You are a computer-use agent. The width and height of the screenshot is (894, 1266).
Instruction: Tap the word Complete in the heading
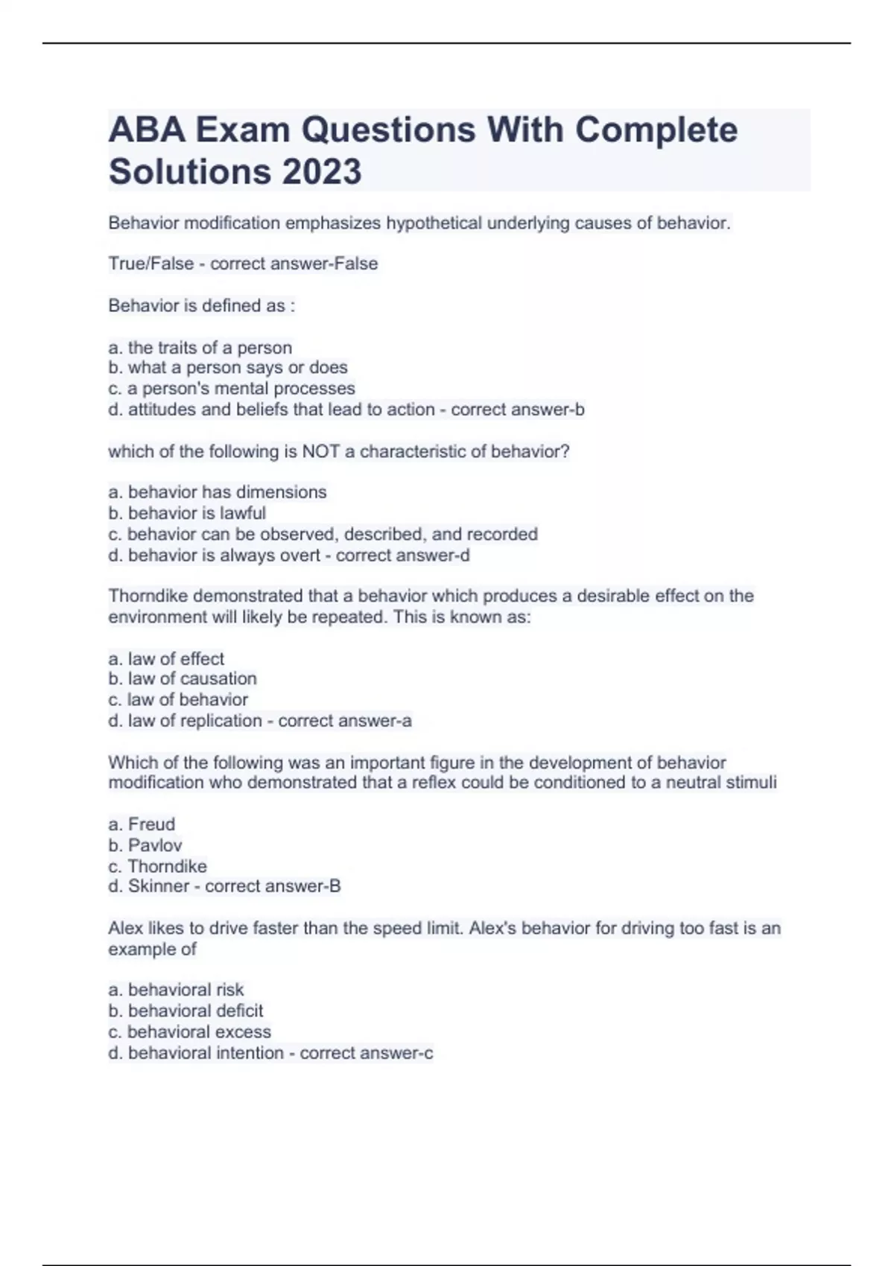click(656, 130)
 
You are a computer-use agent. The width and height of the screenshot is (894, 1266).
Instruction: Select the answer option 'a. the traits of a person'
click(200, 348)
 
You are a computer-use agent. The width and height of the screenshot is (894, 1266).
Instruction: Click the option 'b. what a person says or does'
click(227, 368)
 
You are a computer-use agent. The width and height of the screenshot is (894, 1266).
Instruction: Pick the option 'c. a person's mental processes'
click(231, 389)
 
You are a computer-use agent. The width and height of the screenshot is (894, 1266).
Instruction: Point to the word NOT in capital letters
click(320, 452)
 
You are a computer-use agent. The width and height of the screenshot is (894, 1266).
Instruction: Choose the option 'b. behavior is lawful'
click(186, 513)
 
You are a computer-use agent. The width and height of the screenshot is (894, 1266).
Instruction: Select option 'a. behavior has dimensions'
click(217, 492)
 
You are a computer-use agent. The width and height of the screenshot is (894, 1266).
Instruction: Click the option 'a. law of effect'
click(165, 659)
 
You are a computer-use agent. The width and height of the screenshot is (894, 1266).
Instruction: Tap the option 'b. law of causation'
click(182, 679)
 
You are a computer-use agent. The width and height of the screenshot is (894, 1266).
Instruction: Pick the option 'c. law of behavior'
click(177, 700)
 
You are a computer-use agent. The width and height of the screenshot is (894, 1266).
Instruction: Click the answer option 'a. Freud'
click(142, 824)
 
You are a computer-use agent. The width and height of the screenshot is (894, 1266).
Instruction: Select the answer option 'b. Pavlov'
click(145, 845)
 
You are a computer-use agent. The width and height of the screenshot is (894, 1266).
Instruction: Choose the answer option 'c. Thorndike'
click(157, 866)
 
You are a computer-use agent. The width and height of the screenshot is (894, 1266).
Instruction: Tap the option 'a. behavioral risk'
click(176, 990)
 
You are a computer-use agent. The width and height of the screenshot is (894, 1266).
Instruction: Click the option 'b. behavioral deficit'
click(186, 1011)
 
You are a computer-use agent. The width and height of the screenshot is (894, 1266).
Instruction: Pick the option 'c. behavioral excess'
click(189, 1032)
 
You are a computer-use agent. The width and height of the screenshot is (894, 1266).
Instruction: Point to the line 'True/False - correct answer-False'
click(243, 264)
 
